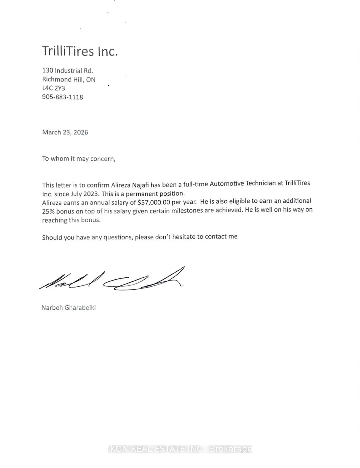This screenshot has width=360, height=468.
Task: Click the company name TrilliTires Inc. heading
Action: pyautogui.click(x=80, y=51)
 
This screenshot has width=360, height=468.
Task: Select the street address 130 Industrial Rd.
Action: pyautogui.click(x=68, y=70)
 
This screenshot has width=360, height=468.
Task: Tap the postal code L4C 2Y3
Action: pyautogui.click(x=54, y=88)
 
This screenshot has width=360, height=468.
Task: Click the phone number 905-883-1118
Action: pyautogui.click(x=62, y=97)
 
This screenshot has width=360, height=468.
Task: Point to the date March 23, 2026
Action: pyautogui.click(x=65, y=132)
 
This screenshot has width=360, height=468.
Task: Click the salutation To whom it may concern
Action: pyautogui.click(x=79, y=159)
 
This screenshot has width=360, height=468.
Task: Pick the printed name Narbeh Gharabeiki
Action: pyautogui.click(x=68, y=307)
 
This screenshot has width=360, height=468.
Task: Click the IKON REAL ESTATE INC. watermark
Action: pyautogui.click(x=180, y=449)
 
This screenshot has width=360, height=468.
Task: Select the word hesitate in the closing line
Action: pyautogui.click(x=184, y=237)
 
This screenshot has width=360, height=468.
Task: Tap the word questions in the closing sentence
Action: pyautogui.click(x=118, y=237)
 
